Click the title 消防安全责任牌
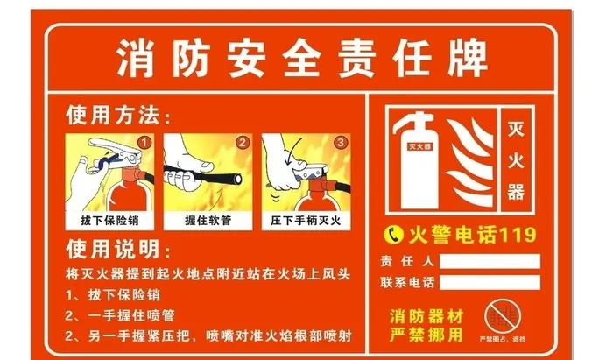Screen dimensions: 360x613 pyautogui.click(x=301, y=60)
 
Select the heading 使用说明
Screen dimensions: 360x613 pyautogui.click(x=114, y=249)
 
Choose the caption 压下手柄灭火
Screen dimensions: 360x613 pyautogui.click(x=304, y=220)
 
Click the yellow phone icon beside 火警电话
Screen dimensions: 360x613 pyautogui.click(x=394, y=234)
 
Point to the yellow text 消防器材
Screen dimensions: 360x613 pyautogui.click(x=426, y=314)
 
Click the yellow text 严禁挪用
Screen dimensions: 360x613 pyautogui.click(x=426, y=333)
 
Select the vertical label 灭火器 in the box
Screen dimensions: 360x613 pyautogui.click(x=516, y=161)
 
